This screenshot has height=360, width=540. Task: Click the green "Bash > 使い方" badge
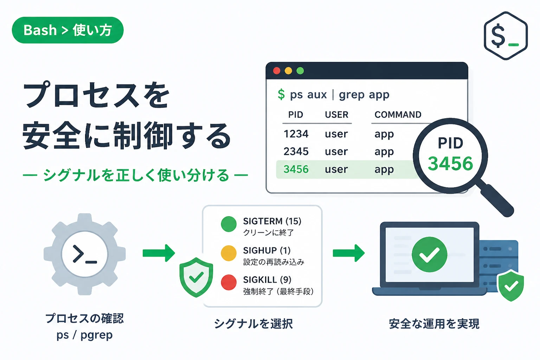[67, 30]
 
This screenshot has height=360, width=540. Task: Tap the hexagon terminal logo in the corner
[506, 36]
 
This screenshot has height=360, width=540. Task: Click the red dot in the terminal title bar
[277, 71]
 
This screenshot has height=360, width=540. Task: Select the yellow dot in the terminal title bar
[288, 71]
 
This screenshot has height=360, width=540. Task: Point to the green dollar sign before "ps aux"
[281, 94]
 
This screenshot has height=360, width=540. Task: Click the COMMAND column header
[398, 115]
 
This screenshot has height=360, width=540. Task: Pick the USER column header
[336, 115]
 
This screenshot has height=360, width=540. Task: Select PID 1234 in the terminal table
[296, 134]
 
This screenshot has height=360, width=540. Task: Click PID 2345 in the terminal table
[296, 152]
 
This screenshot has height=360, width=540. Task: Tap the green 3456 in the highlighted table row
[296, 169]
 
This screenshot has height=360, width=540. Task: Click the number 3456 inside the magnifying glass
[450, 163]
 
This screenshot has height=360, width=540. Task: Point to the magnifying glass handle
[497, 200]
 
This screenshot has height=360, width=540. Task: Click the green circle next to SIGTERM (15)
[229, 224]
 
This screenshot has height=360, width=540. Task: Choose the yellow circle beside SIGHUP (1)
[229, 253]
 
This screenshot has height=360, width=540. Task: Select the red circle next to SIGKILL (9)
[229, 282]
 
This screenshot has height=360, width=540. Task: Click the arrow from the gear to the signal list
[159, 253]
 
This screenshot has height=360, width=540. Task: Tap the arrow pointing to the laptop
[349, 253]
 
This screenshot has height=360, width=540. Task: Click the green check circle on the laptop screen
[429, 255]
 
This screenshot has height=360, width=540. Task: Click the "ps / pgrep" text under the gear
[85, 335]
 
